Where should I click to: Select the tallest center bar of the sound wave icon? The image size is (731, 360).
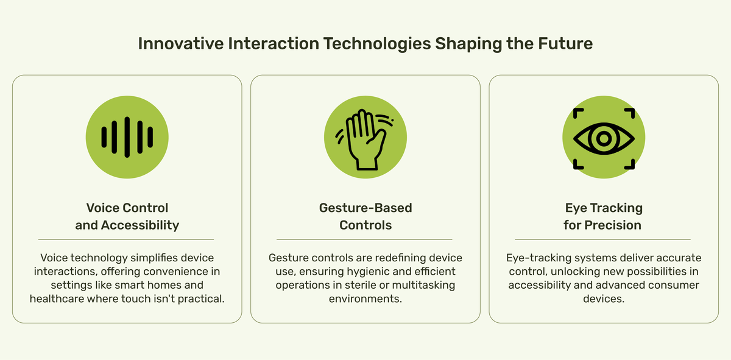[x=127, y=137]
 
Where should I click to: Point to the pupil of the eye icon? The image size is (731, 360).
[x=604, y=138]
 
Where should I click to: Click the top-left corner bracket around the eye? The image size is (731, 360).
[x=577, y=113]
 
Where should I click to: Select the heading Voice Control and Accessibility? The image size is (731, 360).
[x=127, y=216]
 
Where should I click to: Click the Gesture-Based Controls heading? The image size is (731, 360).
[x=365, y=216]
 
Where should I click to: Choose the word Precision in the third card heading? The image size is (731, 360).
[x=613, y=225]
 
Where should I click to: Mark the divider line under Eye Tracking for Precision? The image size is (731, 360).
[x=603, y=239]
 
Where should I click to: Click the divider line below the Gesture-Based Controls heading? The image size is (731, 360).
[x=364, y=239]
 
